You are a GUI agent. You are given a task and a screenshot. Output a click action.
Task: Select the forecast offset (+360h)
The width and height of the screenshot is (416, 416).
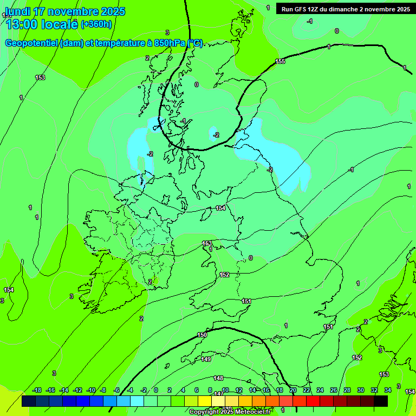click(96, 24)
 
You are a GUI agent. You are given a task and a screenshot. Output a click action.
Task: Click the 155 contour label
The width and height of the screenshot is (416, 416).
click(279, 62)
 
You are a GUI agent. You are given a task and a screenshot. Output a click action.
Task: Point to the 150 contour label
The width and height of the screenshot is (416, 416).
click(202, 335)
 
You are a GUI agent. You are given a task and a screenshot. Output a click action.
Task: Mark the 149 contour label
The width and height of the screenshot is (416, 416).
click(206, 359)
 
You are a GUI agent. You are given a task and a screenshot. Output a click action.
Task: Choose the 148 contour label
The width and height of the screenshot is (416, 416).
click(218, 378)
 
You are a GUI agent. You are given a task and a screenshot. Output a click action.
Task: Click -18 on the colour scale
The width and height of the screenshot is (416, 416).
click(37, 390)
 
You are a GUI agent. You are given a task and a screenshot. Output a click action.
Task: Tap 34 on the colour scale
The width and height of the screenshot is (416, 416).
click(388, 390)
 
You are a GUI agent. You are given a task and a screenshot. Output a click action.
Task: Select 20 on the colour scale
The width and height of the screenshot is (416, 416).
click(293, 390)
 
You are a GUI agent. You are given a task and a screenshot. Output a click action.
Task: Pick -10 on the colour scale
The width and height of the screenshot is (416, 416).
click(91, 390)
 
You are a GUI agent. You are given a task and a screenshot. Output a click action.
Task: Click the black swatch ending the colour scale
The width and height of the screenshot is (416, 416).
click(381, 401)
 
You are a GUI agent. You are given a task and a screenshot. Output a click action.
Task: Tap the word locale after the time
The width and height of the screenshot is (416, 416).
click(60, 24)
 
